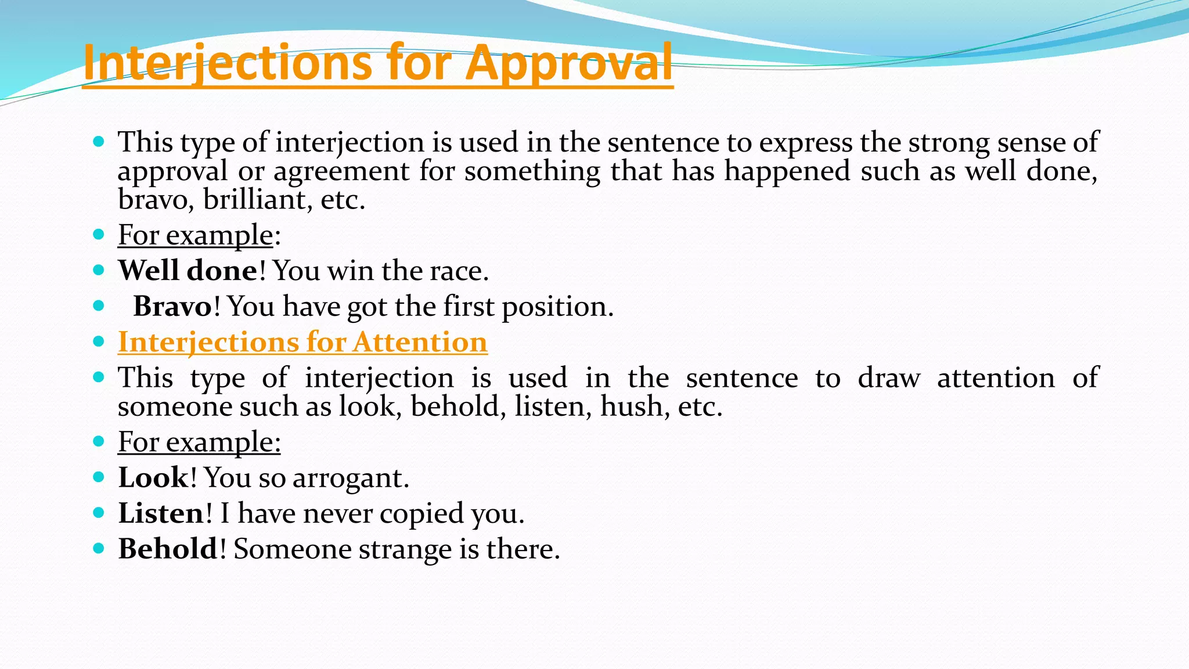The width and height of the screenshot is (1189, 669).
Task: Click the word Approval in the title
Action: [569, 63]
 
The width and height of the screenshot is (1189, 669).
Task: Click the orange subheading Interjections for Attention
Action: [302, 342]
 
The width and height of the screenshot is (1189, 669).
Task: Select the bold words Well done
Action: [188, 271]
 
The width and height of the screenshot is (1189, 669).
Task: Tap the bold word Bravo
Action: [172, 306]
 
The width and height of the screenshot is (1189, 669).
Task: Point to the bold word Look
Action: [153, 477]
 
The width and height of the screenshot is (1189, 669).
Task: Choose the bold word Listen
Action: [161, 513]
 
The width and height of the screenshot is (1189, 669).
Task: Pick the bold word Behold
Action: [168, 549]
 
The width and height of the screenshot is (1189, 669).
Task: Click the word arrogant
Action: [350, 478]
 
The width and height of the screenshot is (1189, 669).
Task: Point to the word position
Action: [557, 307]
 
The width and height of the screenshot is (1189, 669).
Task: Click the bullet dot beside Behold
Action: [99, 548]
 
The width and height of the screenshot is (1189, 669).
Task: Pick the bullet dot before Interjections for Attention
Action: [99, 341]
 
